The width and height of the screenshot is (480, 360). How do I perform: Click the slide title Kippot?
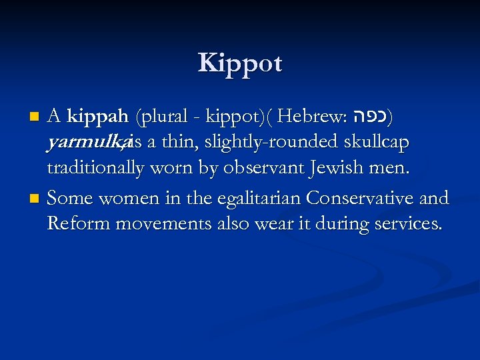coord(240,63)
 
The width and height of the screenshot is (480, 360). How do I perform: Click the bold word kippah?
coord(97,118)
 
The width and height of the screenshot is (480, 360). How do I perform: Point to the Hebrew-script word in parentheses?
coord(369,118)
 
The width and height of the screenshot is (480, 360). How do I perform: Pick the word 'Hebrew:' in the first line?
coord(311,118)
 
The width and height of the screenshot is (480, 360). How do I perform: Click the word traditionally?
coord(95,168)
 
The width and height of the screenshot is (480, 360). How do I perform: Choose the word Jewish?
coord(331,168)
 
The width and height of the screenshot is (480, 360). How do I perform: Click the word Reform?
coord(79,223)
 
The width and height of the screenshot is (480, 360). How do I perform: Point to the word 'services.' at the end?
coord(404,223)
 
